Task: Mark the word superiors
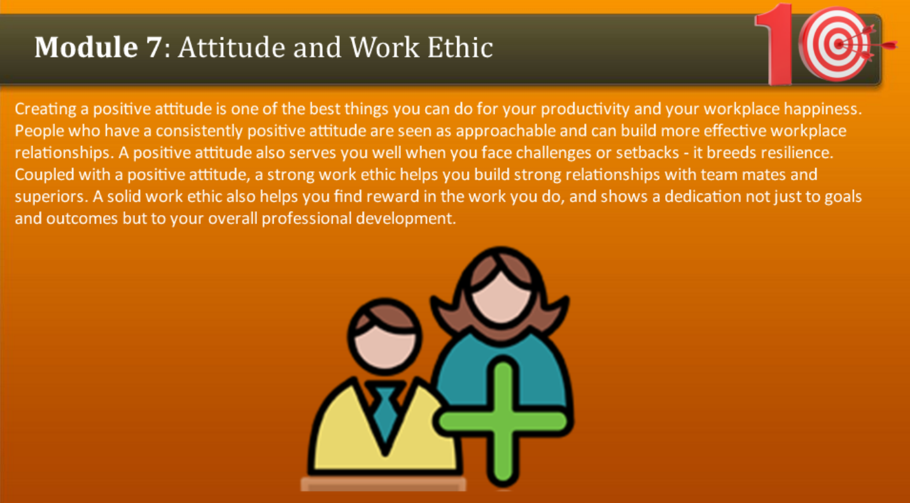(51, 197)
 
